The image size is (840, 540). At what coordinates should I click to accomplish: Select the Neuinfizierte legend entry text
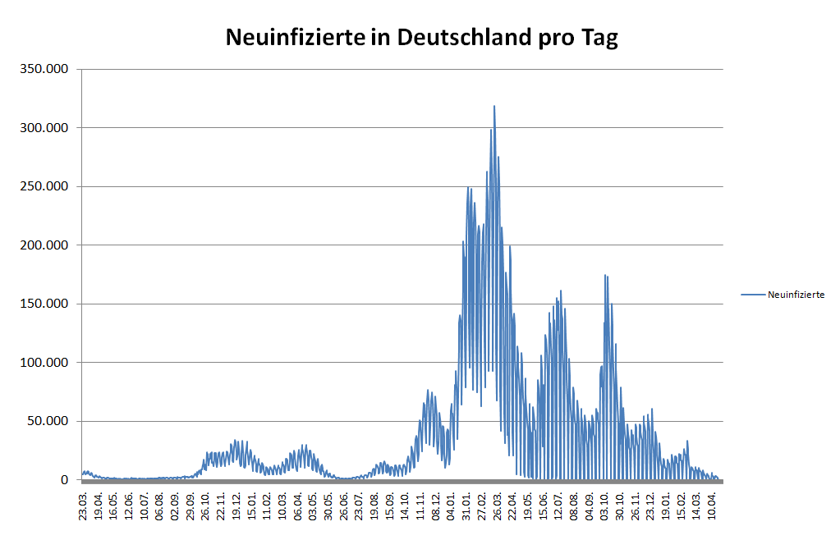click(796, 295)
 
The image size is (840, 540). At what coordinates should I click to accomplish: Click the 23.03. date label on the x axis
click(84, 501)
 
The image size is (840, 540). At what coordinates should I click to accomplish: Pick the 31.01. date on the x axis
click(467, 501)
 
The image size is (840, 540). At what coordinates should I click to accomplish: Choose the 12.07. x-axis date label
click(560, 501)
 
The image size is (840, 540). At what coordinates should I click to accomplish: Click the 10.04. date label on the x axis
click(713, 501)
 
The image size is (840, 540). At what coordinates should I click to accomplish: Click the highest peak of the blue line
click(494, 106)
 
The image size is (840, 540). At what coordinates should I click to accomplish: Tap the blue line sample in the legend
click(753, 295)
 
